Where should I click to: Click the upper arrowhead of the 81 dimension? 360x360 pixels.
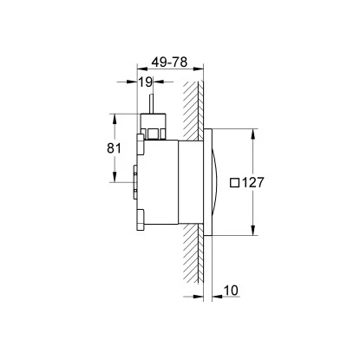pyautogui.click(x=113, y=117)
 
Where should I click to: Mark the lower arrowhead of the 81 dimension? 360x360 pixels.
pyautogui.click(x=113, y=180)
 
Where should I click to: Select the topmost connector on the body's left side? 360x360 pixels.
pyautogui.click(x=141, y=141)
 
